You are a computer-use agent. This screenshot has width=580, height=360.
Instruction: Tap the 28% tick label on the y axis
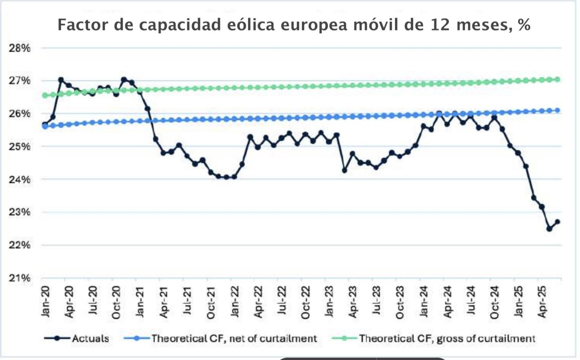(x=19, y=48)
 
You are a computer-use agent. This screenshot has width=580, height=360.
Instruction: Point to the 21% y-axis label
(x=19, y=278)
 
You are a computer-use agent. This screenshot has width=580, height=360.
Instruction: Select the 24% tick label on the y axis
(x=19, y=179)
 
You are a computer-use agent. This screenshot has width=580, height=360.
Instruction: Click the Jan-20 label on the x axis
(x=46, y=301)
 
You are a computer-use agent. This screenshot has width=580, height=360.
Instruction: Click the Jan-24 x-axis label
(x=424, y=301)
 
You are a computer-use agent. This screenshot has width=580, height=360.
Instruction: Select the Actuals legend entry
(x=90, y=338)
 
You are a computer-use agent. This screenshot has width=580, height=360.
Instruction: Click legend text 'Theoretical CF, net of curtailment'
(x=234, y=338)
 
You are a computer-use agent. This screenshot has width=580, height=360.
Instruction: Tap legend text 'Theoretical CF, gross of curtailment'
(x=447, y=338)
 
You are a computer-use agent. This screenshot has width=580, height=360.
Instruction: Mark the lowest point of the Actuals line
(x=549, y=229)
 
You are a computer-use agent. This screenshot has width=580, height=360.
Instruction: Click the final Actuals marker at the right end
(x=557, y=222)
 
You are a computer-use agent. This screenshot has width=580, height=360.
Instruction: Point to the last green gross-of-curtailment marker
(x=557, y=79)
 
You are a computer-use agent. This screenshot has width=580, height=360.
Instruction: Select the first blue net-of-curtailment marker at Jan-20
(x=45, y=127)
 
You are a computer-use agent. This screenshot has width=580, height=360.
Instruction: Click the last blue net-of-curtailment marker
(x=557, y=110)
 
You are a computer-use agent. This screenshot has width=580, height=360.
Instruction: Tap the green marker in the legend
(x=344, y=338)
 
